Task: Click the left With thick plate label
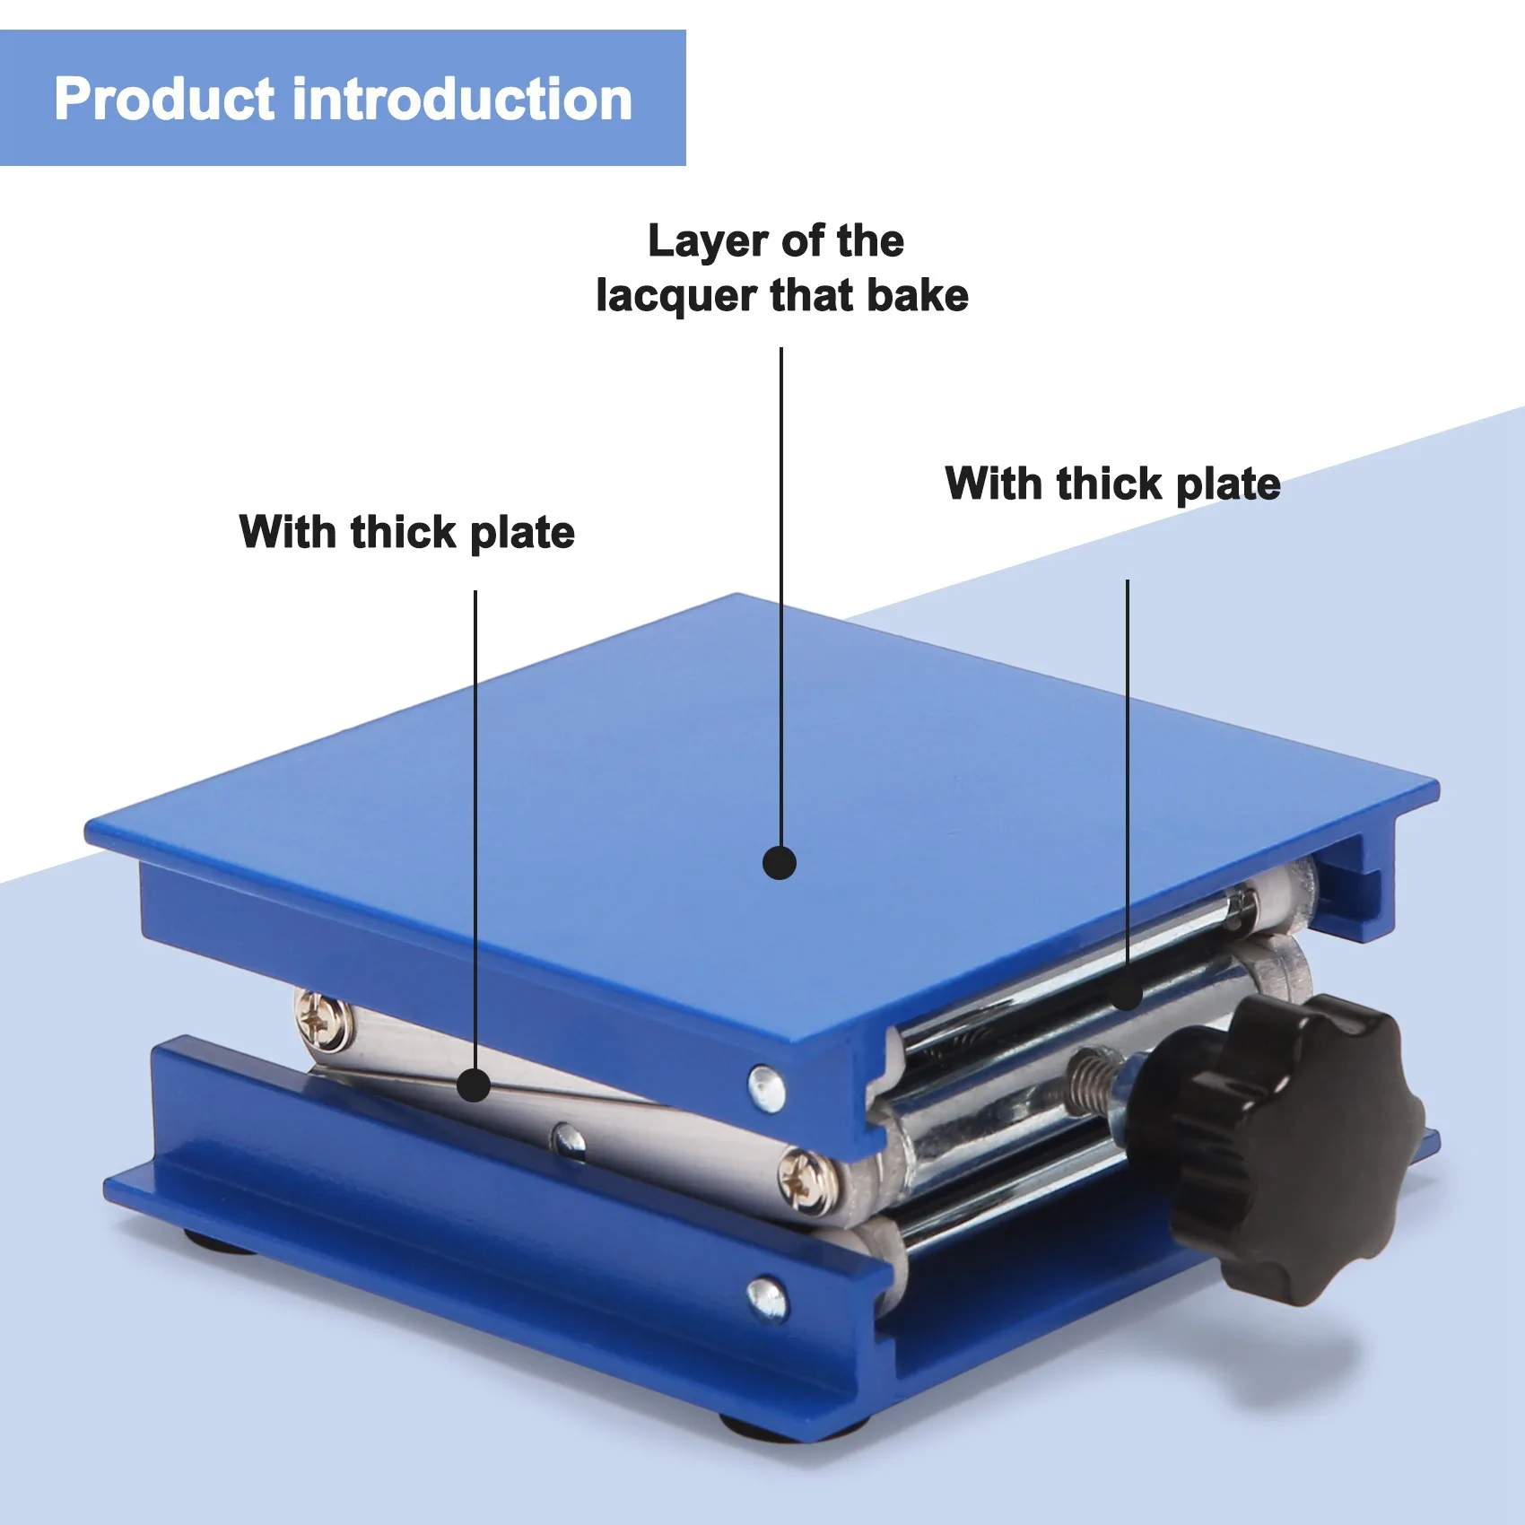click(x=406, y=533)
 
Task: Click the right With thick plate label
click(x=1112, y=484)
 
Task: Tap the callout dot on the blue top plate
click(x=779, y=863)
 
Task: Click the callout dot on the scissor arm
click(x=474, y=1085)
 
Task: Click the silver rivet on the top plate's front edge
click(x=766, y=1087)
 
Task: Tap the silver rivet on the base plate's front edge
click(x=767, y=1297)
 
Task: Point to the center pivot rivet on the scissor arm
click(x=567, y=1140)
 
